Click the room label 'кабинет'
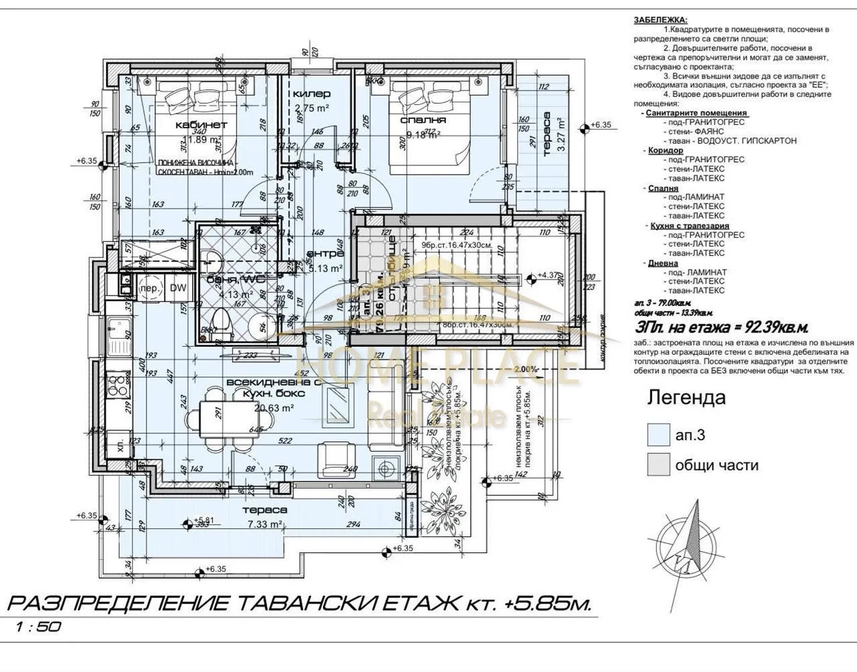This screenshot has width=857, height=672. pyautogui.click(x=201, y=125)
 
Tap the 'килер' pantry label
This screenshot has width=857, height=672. pyautogui.click(x=312, y=94)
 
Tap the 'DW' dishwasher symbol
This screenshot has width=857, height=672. pyautogui.click(x=177, y=288)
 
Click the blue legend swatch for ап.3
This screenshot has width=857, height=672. pyautogui.click(x=658, y=435)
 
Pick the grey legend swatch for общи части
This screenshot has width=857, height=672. pyautogui.click(x=658, y=464)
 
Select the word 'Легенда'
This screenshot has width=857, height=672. pyautogui.click(x=686, y=397)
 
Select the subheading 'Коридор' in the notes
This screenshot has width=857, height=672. pyautogui.click(x=661, y=151)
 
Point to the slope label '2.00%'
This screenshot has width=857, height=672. pyautogui.click(x=526, y=370)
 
